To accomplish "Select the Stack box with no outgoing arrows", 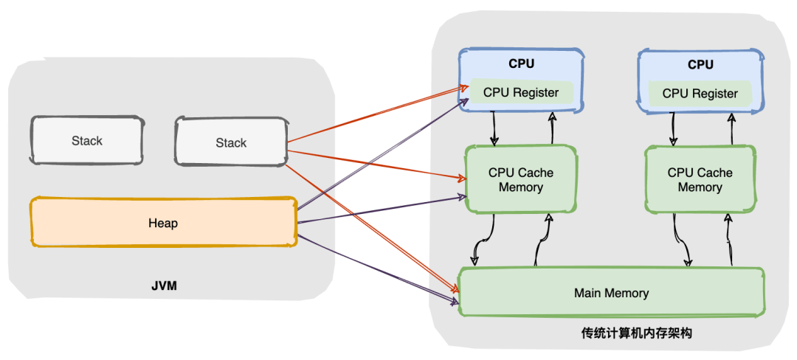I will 87,140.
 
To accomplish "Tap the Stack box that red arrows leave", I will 231,142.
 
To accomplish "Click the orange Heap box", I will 163,223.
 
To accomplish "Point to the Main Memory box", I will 611,293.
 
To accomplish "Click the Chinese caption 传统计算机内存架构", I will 636,333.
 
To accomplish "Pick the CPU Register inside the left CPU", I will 521,93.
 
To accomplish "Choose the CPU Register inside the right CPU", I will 700,93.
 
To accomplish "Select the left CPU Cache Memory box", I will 520,179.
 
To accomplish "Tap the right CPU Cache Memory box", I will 700,179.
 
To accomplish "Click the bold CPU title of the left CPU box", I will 521,64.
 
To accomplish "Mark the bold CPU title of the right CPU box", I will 700,64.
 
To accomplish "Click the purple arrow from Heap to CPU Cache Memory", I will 376,210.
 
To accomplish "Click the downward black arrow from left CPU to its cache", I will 494,128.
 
